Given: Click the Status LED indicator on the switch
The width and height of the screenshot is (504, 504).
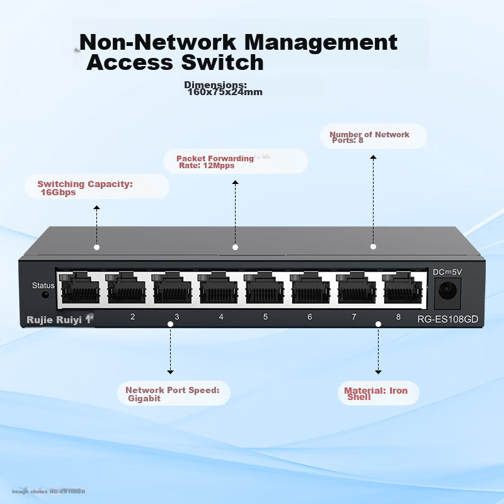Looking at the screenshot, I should pyautogui.click(x=45, y=295).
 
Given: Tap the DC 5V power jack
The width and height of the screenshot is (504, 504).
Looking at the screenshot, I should pyautogui.click(x=448, y=291).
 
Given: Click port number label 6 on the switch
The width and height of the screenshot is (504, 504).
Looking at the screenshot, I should pyautogui.click(x=309, y=317).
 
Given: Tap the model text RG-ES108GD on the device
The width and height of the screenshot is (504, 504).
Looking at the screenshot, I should pyautogui.click(x=447, y=319).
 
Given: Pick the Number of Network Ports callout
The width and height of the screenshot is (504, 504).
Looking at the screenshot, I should pyautogui.click(x=370, y=137).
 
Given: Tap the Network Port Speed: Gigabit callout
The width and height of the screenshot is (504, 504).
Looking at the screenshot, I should pyautogui.click(x=172, y=394).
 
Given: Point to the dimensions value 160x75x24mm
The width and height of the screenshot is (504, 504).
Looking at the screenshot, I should pyautogui.click(x=225, y=92).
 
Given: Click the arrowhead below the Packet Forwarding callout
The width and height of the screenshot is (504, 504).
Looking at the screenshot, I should pyautogui.click(x=235, y=183).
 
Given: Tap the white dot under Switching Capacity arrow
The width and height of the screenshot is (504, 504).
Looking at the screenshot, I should pyautogui.click(x=96, y=247).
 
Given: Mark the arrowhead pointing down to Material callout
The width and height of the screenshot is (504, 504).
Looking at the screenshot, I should pyautogui.click(x=378, y=372).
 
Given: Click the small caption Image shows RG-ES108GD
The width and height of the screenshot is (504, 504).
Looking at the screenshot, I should pyautogui.click(x=49, y=491).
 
